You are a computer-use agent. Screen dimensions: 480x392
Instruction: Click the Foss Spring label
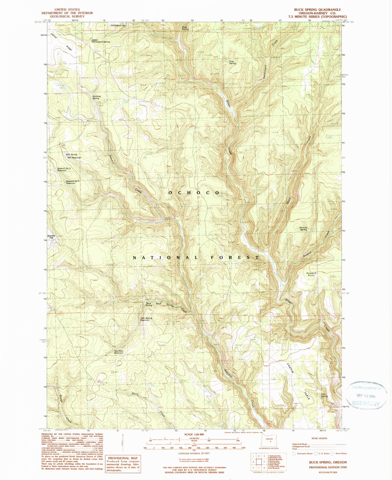click(x=232, y=62)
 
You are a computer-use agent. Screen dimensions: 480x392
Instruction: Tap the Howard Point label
click(x=311, y=274)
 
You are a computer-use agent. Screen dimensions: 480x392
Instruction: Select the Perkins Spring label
click(x=303, y=228)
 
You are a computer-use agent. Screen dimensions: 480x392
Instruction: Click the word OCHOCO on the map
click(x=194, y=192)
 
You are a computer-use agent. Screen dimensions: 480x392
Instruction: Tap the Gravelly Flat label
click(x=51, y=237)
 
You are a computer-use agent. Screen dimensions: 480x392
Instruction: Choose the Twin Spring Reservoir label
click(x=146, y=319)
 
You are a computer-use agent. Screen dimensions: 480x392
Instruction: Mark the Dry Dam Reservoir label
click(x=119, y=352)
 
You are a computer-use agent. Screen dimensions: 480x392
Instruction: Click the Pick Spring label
click(x=324, y=395)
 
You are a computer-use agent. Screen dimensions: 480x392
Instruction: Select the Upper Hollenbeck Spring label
click(x=101, y=41)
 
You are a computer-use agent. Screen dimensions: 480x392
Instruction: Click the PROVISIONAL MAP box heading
click(x=123, y=458)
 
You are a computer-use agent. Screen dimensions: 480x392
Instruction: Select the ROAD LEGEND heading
click(x=319, y=438)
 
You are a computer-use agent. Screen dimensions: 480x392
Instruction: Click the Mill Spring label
click(x=72, y=154)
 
